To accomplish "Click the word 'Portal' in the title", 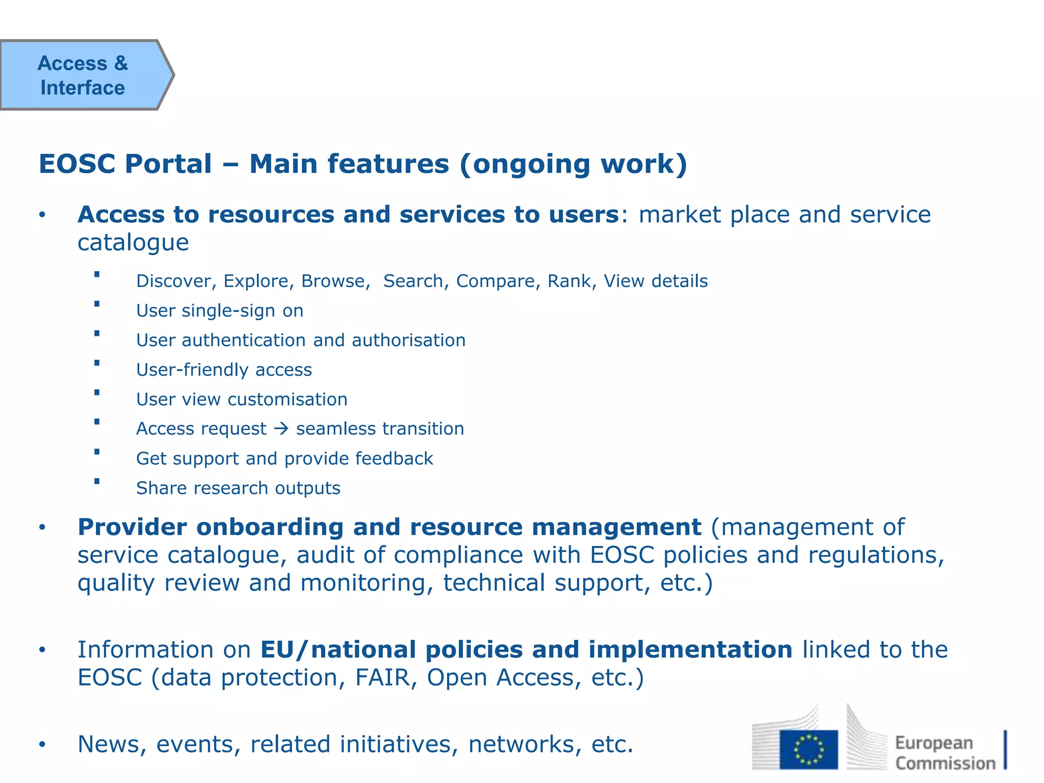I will coord(168,164).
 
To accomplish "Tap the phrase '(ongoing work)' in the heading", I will coord(573,164).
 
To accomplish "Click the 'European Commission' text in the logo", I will coord(945,753).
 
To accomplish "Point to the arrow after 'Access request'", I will coord(281,429).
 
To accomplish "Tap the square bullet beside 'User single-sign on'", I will coord(97,304).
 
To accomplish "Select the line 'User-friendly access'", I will coord(224,370).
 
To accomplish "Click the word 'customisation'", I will coord(288,399).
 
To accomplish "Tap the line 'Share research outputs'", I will coord(238,488).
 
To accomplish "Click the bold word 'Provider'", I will coord(132,527).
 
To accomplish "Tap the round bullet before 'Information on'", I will coord(42,650).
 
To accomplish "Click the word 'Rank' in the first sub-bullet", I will coord(569,281).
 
